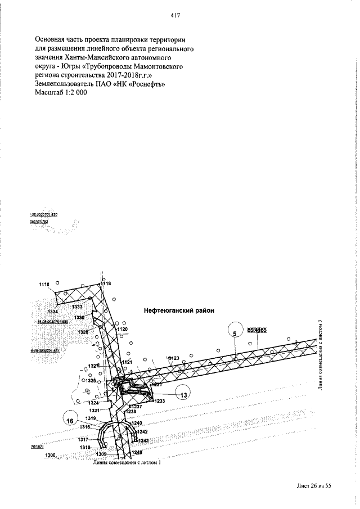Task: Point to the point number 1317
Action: click(x=84, y=439)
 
